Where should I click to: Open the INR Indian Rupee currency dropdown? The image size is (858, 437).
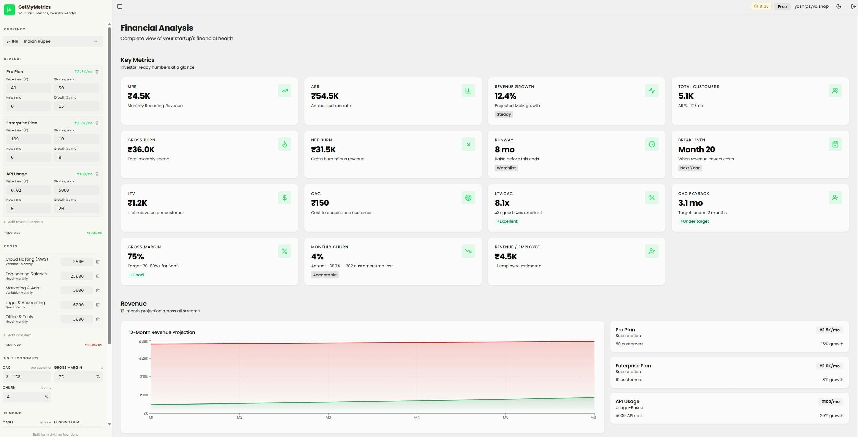point(52,41)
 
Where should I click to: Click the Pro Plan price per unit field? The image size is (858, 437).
point(28,88)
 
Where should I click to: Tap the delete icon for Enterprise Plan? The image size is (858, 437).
point(97,123)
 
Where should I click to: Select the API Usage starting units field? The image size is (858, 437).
point(76,190)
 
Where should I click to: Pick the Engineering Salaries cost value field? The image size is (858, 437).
point(77,276)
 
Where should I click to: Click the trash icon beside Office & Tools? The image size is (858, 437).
point(98,319)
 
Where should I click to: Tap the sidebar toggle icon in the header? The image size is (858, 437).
point(120,6)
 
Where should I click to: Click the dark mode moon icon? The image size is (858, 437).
point(839,6)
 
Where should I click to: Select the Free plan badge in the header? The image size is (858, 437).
point(782,6)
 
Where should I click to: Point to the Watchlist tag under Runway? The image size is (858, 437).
point(506,168)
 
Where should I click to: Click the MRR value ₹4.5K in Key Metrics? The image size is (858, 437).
point(139,96)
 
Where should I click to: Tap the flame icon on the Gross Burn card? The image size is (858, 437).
point(284,144)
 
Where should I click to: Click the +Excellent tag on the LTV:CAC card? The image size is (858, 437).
point(507,221)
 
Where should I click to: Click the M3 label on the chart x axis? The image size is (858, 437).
point(328,418)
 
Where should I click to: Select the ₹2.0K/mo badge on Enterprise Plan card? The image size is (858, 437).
point(829,366)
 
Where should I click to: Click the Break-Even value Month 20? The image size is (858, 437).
point(697,150)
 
